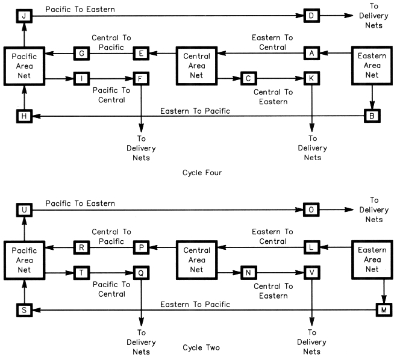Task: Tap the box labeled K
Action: pyautogui.click(x=311, y=78)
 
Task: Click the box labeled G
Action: pyautogui.click(x=81, y=54)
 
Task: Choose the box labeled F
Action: pyautogui.click(x=140, y=78)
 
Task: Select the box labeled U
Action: pyautogui.click(x=23, y=209)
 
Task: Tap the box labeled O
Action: pyautogui.click(x=311, y=209)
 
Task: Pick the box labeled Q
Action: pyautogui.click(x=140, y=273)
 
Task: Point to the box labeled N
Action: pyautogui.click(x=248, y=273)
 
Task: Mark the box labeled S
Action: pyautogui.click(x=23, y=309)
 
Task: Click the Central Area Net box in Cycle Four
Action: pyautogui.click(x=196, y=66)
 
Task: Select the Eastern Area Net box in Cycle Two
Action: pyautogui.click(x=372, y=260)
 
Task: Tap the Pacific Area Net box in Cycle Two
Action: pyautogui.click(x=24, y=260)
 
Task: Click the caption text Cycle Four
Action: pyautogui.click(x=202, y=173)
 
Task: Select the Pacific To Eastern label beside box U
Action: pyautogui.click(x=80, y=203)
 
